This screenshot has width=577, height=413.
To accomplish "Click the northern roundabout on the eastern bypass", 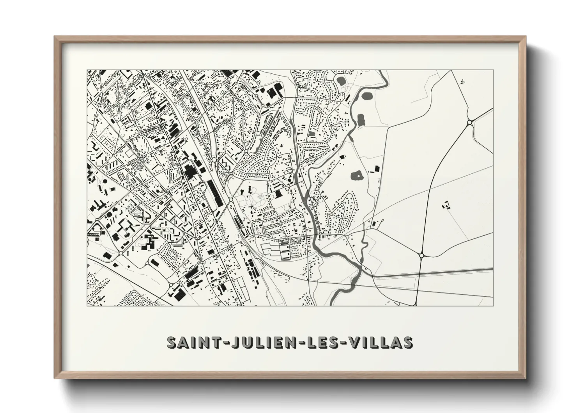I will (470, 123).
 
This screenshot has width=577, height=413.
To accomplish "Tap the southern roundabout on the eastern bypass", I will (421, 255).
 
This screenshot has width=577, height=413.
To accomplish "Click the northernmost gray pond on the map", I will (342, 81).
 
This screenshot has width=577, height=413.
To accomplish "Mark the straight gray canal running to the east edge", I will (433, 274).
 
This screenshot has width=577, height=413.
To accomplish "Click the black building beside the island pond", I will (377, 168).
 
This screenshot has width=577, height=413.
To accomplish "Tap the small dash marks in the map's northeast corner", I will (462, 82).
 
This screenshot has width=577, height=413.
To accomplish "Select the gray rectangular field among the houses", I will (312, 134).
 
